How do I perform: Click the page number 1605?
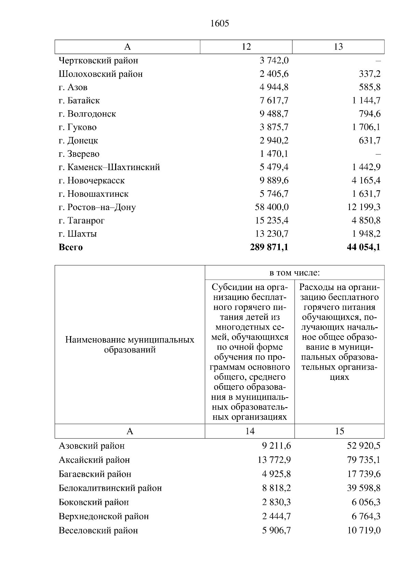[220, 23]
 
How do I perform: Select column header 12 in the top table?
[246, 47]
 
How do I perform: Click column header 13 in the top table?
[338, 47]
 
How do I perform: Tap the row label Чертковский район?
[98, 60]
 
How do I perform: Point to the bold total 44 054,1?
[363, 247]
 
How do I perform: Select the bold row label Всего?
[71, 247]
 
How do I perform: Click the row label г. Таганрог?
[82, 220]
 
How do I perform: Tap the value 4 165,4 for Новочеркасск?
[366, 180]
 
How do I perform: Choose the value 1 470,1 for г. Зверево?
[274, 154]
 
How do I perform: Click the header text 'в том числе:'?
[295, 273]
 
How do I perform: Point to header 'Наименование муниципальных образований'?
[129, 345]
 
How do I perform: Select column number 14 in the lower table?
[250, 431]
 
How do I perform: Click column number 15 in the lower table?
[339, 431]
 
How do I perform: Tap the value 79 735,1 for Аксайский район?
[364, 460]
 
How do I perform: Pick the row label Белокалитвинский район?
[110, 488]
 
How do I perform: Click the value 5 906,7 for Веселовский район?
[276, 530]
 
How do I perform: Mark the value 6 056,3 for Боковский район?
[366, 502]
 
